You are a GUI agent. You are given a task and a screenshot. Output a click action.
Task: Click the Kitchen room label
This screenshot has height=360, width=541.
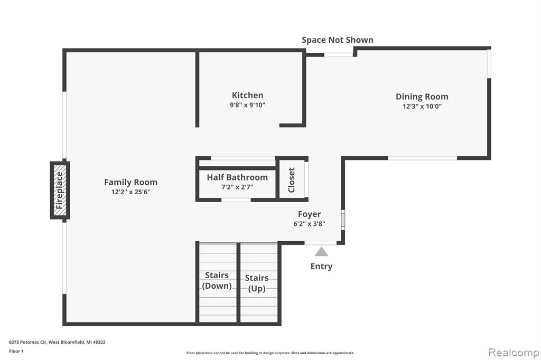[x=247, y=95]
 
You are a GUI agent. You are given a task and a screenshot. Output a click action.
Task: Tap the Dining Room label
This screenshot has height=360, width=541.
[x=422, y=97]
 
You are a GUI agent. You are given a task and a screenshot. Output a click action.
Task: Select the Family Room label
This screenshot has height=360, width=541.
[x=131, y=183]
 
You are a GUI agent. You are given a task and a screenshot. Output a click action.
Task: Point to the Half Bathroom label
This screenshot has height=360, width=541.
[x=237, y=177]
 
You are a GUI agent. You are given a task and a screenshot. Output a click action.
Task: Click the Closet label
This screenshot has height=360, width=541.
[x=292, y=180]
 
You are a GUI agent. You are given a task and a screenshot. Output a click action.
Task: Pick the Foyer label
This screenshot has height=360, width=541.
[x=310, y=214]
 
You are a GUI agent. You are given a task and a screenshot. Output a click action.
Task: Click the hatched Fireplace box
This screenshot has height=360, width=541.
[x=60, y=191]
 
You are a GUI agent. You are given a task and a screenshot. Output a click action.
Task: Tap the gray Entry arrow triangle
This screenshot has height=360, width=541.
[x=321, y=251]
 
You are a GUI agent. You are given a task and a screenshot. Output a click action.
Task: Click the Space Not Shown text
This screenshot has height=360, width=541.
[x=338, y=40]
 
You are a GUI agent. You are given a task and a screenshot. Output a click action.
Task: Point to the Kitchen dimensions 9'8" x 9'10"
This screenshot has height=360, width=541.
[x=247, y=105]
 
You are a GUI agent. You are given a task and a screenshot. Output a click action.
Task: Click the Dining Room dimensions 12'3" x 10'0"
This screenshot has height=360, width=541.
[x=422, y=107]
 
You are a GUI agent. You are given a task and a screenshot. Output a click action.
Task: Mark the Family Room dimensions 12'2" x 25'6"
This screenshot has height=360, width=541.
[x=131, y=192]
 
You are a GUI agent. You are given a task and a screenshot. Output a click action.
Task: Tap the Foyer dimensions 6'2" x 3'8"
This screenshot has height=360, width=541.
[x=310, y=224]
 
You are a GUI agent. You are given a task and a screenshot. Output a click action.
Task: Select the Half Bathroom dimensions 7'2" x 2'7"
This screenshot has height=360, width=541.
[x=237, y=187]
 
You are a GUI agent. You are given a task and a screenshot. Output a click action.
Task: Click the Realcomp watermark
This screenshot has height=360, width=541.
[x=514, y=353]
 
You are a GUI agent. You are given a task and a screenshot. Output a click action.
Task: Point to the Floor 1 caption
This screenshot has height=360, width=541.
[x=16, y=351]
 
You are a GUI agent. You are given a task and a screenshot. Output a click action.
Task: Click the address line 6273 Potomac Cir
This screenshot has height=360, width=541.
[x=57, y=342]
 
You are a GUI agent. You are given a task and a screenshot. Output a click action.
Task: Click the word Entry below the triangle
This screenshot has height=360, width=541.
[x=322, y=267]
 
